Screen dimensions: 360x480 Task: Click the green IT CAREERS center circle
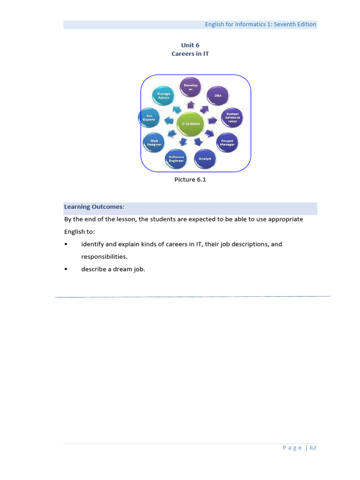[191, 124]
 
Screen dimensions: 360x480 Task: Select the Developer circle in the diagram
[191, 88]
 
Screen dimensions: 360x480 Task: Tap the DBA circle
[217, 96]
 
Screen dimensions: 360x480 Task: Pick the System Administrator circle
[232, 118]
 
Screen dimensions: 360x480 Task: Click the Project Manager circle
[227, 142]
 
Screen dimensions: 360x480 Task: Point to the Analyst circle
[205, 159]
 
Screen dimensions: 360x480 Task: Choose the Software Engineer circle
[177, 159]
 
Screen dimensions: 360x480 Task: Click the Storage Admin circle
[164, 96]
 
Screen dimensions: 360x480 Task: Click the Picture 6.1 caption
[190, 180]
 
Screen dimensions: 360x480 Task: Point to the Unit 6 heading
[190, 45]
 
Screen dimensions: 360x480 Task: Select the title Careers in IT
[190, 54]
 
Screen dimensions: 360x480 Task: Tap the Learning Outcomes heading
[94, 207]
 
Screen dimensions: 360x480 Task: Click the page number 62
[313, 448]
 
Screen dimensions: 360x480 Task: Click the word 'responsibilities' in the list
[104, 257]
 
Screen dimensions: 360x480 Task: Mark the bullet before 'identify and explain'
[66, 244]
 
